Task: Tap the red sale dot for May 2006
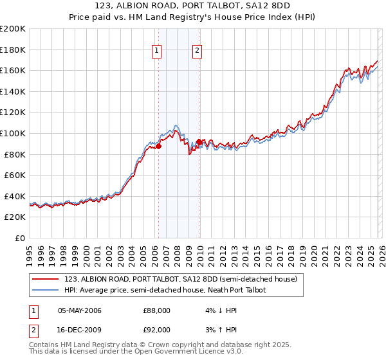tap(158, 146)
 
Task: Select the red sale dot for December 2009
tap(199, 141)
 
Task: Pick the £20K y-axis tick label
tap(15, 217)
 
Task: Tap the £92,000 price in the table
tap(156, 330)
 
